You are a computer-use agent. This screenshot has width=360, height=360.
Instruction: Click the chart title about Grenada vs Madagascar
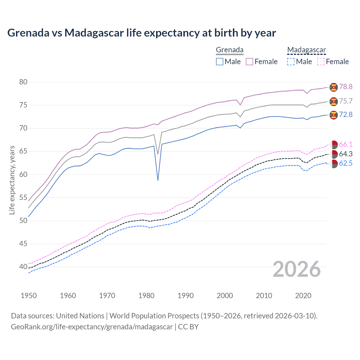[x=141, y=33]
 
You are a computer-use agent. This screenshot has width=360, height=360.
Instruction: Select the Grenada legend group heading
[x=229, y=50]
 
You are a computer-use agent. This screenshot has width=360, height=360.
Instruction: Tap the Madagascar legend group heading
[x=306, y=50]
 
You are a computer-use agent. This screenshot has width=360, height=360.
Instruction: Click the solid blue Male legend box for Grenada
[x=220, y=62]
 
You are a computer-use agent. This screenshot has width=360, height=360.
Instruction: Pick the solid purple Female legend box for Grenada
[x=249, y=62]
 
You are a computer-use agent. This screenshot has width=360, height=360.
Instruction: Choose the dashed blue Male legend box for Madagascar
[x=291, y=62]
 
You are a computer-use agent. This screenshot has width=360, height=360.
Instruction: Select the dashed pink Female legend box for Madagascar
[x=321, y=62]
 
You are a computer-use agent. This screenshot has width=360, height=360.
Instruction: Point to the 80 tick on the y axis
[x=23, y=82]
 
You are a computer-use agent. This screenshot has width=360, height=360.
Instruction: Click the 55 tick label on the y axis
[x=23, y=197]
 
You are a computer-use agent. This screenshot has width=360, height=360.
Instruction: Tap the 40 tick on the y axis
[x=23, y=267]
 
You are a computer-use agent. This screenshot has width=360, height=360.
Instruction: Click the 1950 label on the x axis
[x=29, y=296]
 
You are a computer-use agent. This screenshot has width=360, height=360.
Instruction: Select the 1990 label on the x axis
[x=186, y=296]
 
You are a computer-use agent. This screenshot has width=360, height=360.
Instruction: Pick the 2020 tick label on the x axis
[x=303, y=296]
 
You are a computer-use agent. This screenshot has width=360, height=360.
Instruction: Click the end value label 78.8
[x=346, y=87]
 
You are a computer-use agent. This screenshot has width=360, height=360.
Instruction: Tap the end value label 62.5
[x=346, y=163]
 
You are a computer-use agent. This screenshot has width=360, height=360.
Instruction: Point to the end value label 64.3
[x=346, y=154]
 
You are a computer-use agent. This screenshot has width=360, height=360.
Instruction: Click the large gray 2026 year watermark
[x=297, y=269]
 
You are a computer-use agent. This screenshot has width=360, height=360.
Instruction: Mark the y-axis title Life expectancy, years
[x=12, y=180]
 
